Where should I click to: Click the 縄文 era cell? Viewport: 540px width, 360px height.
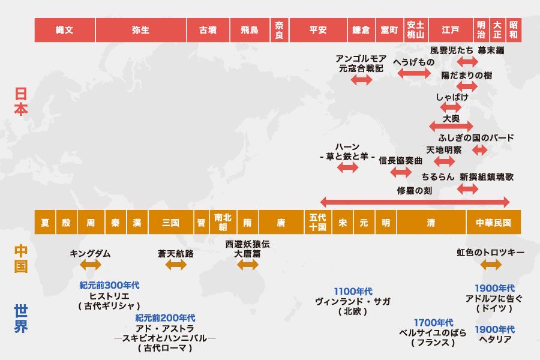(x=64, y=30)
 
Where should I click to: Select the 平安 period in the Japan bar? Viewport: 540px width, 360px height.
(x=318, y=30)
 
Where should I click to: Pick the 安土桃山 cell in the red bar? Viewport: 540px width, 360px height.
(x=416, y=30)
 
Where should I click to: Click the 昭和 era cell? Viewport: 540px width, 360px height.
(x=514, y=30)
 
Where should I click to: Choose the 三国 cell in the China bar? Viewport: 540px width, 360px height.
(x=170, y=223)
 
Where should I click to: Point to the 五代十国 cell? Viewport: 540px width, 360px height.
(x=317, y=223)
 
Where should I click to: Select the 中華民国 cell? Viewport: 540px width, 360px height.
(x=493, y=223)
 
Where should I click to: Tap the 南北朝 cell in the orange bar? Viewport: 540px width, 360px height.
(x=223, y=223)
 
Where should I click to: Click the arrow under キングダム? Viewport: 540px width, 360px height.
(x=90, y=265)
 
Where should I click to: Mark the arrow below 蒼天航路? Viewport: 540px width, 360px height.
(x=176, y=265)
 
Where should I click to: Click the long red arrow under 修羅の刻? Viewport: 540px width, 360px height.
(x=415, y=202)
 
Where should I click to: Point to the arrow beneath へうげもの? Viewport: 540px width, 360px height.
(x=414, y=73)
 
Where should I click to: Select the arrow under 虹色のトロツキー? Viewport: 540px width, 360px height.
(x=490, y=265)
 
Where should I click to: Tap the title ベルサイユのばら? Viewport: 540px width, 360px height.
(x=433, y=332)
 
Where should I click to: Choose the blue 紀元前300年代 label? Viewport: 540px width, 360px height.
(x=109, y=286)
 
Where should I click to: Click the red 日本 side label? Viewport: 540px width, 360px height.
(x=21, y=102)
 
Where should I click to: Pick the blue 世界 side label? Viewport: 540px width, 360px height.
(x=21, y=319)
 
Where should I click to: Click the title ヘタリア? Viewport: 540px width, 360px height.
(x=494, y=340)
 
